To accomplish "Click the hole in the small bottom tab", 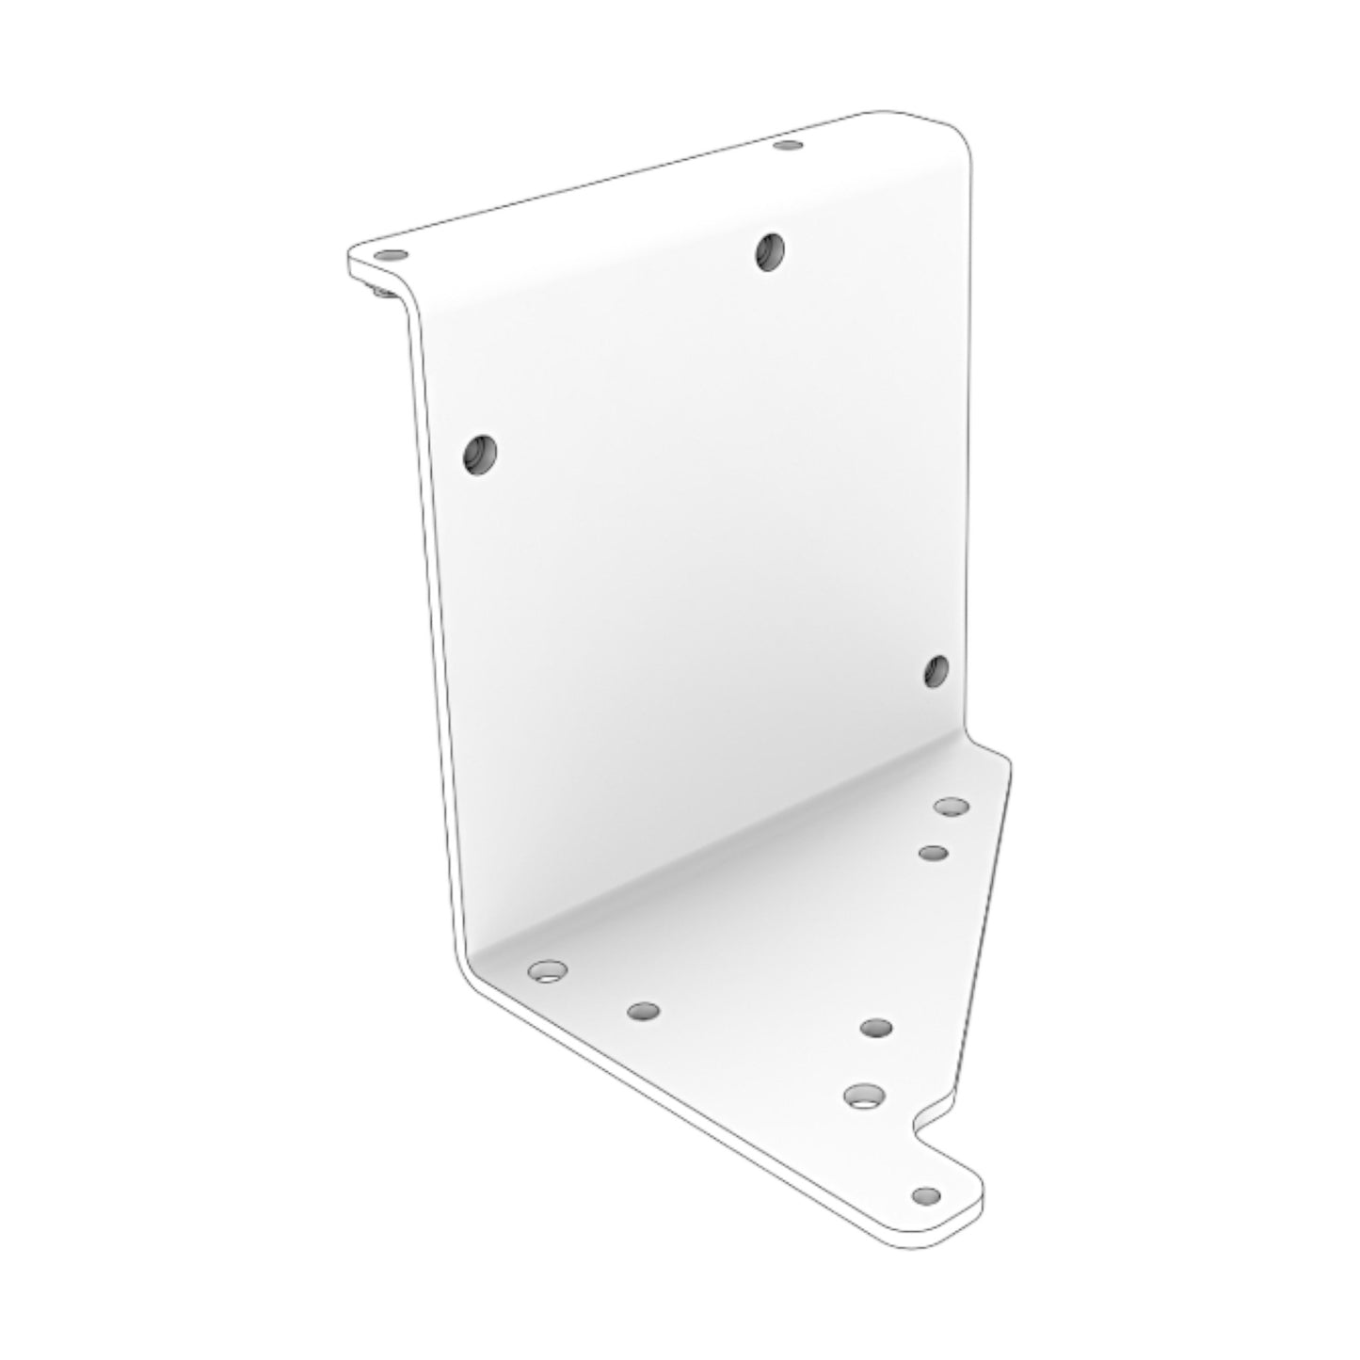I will click(x=926, y=1195).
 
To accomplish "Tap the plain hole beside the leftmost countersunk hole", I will click(x=643, y=1012).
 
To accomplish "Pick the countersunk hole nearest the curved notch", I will click(x=864, y=1096).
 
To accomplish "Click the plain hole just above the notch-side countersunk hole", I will click(x=875, y=1027).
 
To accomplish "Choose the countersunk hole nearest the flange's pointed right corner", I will click(x=951, y=807).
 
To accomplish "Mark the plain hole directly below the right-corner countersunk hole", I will click(x=933, y=853).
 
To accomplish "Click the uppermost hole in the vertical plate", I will click(x=770, y=251).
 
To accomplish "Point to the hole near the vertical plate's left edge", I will click(x=479, y=454).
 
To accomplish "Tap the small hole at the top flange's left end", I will click(x=390, y=255).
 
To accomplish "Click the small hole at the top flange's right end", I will click(x=787, y=146).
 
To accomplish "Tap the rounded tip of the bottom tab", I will click(x=974, y=1205).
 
